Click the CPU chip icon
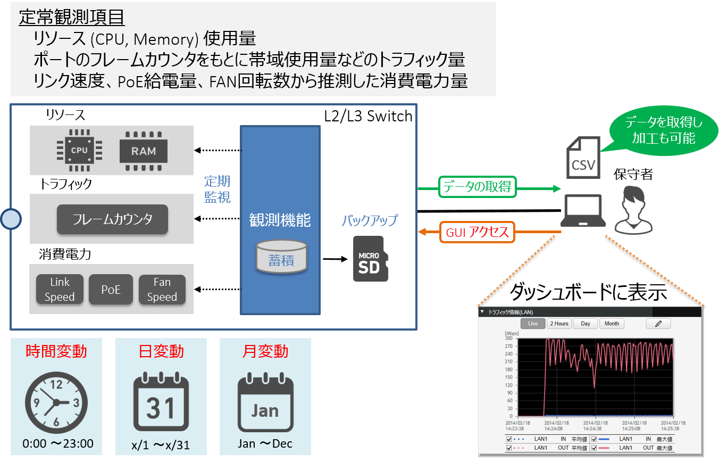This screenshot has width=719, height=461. pyautogui.click(x=79, y=150)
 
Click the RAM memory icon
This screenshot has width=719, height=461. pyautogui.click(x=144, y=150)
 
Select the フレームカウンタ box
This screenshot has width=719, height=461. pyautogui.click(x=112, y=219)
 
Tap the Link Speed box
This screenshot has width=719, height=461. pyautogui.click(x=60, y=290)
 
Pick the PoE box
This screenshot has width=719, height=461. pyautogui.click(x=111, y=290)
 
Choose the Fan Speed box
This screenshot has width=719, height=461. pyautogui.click(x=162, y=290)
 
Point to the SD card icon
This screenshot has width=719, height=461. pyautogui.click(x=370, y=259)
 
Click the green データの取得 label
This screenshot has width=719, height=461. pyautogui.click(x=477, y=186)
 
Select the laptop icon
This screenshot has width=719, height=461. pyautogui.click(x=584, y=210)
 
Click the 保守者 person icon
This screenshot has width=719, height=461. pyautogui.click(x=633, y=210)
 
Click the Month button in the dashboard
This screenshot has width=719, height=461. pyautogui.click(x=612, y=324)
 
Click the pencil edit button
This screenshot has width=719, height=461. pyautogui.click(x=658, y=324)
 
